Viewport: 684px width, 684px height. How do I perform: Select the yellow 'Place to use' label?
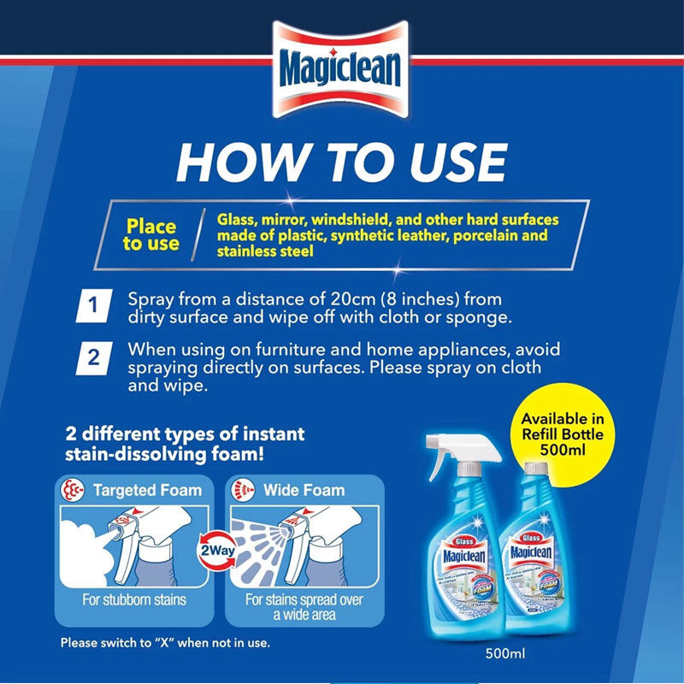click(x=150, y=235)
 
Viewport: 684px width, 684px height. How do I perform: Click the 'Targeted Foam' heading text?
click(x=147, y=490)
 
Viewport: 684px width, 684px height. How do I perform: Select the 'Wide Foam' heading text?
click(x=304, y=490)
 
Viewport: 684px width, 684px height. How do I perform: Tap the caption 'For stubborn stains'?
click(x=134, y=599)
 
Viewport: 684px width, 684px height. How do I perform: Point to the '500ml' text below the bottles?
click(x=504, y=656)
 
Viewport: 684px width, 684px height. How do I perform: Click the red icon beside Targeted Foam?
click(x=73, y=491)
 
